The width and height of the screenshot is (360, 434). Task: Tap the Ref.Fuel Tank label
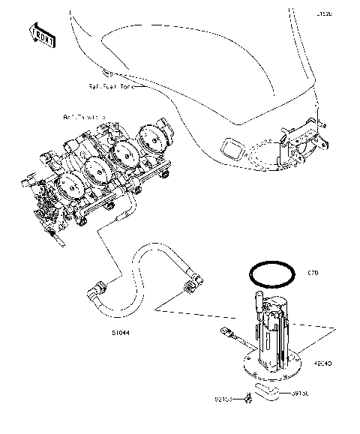coord(112,87)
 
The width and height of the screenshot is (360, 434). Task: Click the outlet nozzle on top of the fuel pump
coord(256,304)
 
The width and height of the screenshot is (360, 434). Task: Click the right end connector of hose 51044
coord(193,285)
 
